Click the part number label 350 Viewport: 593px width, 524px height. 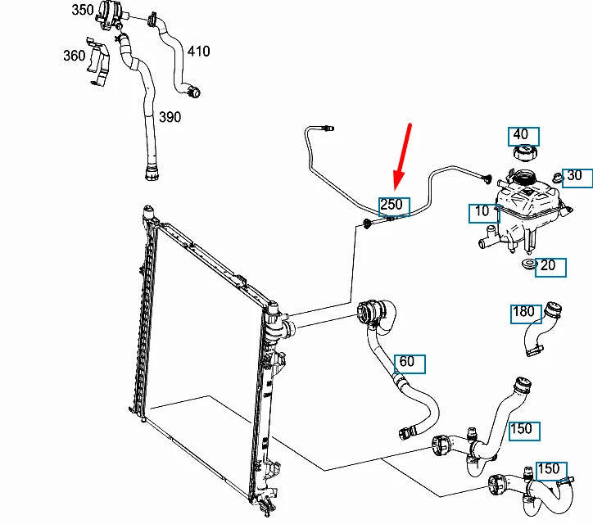[x=83, y=10]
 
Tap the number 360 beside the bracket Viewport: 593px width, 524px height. [x=75, y=55]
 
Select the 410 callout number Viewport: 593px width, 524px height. [x=198, y=51]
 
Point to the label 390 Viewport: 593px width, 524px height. [x=170, y=117]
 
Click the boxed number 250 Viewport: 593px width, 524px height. [x=391, y=204]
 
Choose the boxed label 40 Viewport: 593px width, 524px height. [x=521, y=135]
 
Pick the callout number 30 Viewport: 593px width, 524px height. [x=574, y=175]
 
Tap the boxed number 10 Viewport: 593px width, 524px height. [x=482, y=211]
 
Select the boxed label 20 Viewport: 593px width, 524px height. [x=548, y=265]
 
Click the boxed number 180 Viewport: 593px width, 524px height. [x=523, y=311]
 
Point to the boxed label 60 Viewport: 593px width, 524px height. [x=406, y=361]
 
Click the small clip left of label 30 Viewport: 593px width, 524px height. [x=556, y=176]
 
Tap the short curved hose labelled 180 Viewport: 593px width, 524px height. [x=541, y=327]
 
